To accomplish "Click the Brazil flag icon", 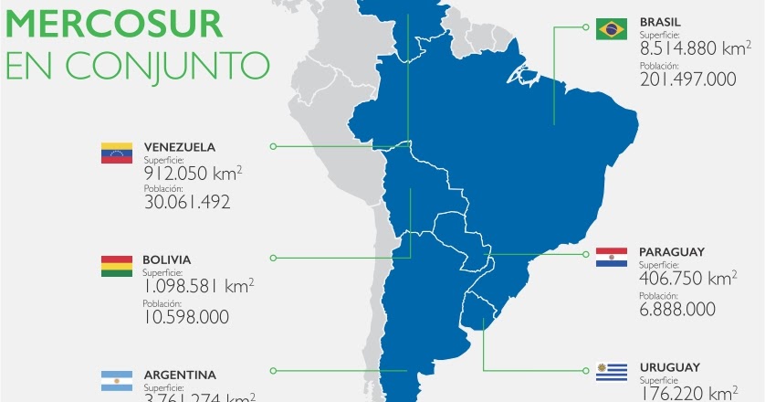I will (611, 29).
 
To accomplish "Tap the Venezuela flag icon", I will (117, 153).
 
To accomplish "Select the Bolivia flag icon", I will (117, 267).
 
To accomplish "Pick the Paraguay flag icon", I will (611, 258).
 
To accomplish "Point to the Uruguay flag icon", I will (611, 373).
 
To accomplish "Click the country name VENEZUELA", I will (180, 146).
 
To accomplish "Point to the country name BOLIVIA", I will (167, 259).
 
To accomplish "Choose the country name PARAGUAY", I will (672, 251).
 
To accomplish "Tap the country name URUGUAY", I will (669, 366).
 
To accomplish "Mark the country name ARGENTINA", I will (180, 375).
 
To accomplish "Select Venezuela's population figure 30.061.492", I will (186, 203).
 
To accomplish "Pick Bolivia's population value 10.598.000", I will (185, 317).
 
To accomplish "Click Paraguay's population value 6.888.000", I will (676, 310).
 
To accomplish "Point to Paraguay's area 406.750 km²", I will (687, 277).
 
